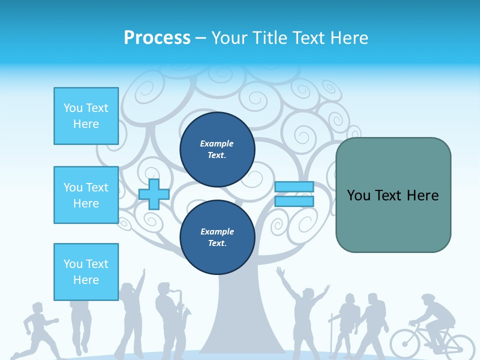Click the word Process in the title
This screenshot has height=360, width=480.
tap(157, 38)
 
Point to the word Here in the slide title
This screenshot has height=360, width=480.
tap(348, 38)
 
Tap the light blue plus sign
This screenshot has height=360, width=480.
tap(154, 194)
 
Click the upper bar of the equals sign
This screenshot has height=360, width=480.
tap(294, 187)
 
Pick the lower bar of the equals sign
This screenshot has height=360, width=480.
tap(294, 201)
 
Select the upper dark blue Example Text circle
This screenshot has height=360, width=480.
tap(217, 149)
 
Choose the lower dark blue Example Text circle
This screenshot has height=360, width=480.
tap(217, 237)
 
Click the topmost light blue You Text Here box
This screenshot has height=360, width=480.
tap(86, 116)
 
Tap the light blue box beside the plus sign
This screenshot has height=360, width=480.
tap(86, 195)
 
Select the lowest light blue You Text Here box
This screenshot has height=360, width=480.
tap(86, 272)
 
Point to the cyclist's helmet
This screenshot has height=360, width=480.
tap(428, 298)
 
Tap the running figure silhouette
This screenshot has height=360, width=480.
tap(37, 330)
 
